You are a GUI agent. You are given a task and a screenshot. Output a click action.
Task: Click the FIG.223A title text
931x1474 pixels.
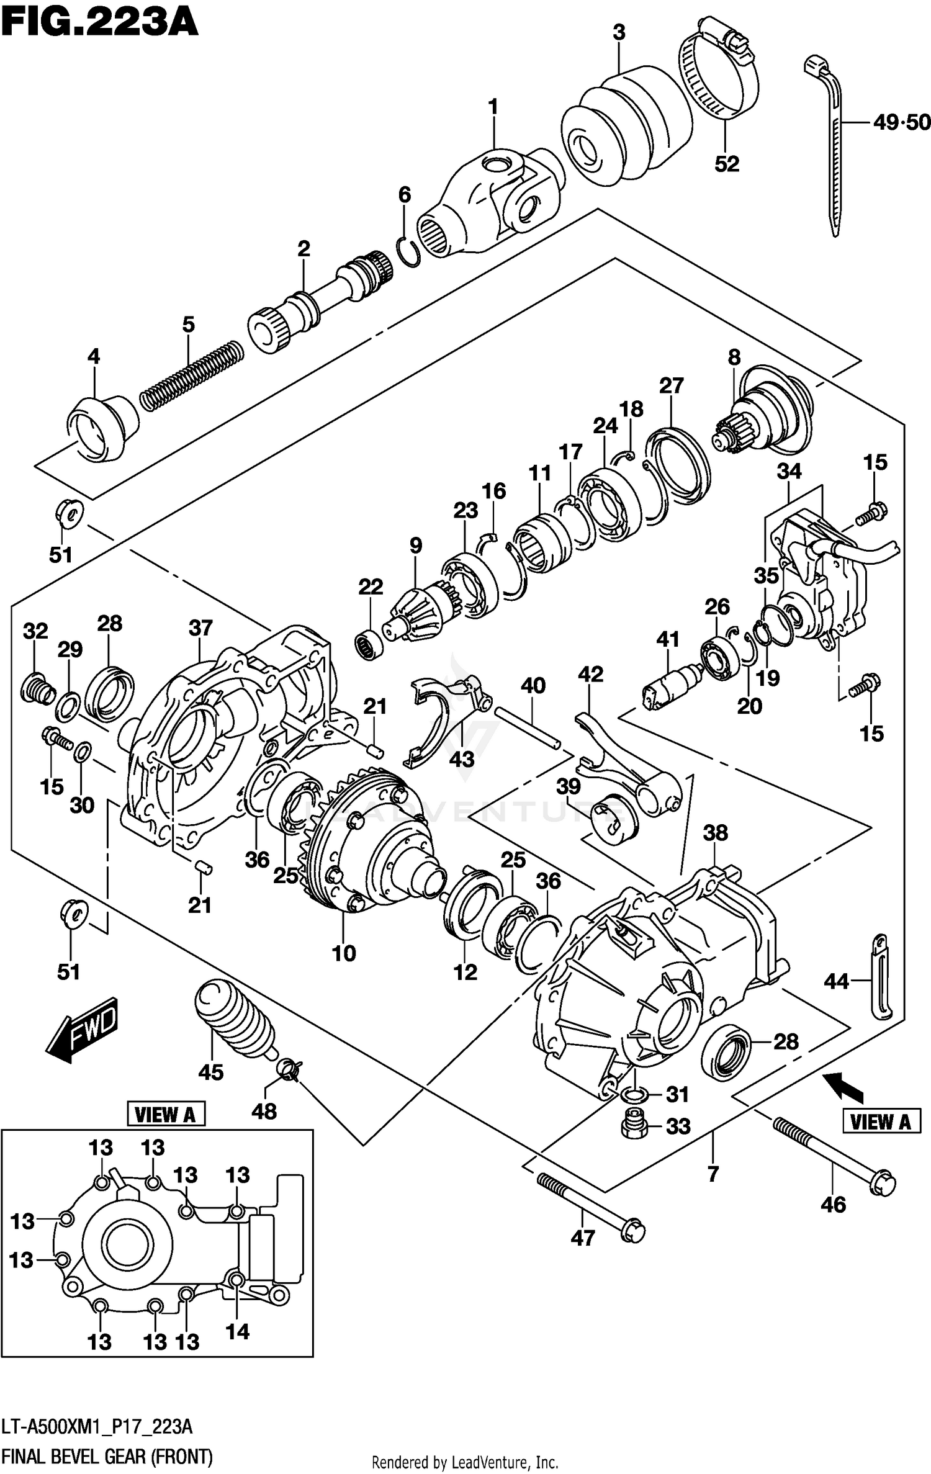(x=99, y=24)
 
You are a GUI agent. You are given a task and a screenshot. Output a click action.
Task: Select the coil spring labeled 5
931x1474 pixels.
(x=192, y=375)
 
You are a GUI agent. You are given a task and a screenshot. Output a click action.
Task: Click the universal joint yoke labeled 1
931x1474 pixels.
(x=490, y=199)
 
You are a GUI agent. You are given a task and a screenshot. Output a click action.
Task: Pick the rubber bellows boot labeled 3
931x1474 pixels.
(x=627, y=127)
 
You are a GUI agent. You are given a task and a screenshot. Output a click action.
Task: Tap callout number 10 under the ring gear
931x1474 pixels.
(x=344, y=953)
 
